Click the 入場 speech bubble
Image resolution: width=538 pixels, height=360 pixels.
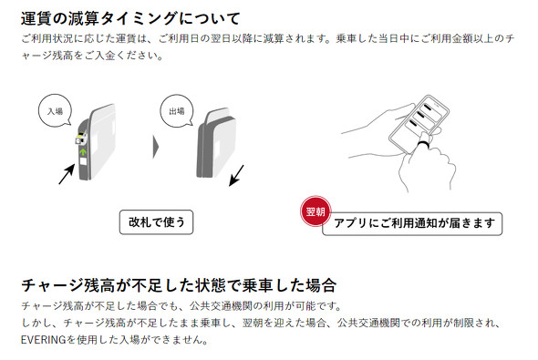click(55, 110)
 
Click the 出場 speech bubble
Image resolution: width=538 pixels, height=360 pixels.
click(177, 110)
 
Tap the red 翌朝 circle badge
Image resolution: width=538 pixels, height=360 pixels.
click(316, 211)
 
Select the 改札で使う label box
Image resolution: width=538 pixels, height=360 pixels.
click(157, 222)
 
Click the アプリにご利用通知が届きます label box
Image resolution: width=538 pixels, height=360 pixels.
click(413, 223)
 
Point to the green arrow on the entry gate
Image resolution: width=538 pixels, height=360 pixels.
click(83, 151)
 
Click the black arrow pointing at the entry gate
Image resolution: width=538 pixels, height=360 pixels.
click(67, 174)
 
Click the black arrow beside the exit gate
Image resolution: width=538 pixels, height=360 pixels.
click(236, 176)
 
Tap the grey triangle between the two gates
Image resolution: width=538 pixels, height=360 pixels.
click(156, 147)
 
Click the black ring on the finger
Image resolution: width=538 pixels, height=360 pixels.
click(423, 144)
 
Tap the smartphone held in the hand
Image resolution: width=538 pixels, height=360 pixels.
click(419, 124)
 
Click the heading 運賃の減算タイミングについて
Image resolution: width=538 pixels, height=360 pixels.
click(130, 18)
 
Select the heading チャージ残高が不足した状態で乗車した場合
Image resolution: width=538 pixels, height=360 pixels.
click(179, 285)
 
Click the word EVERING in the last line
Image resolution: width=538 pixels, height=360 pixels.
click(43, 340)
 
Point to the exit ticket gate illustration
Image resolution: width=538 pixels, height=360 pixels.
click(216, 143)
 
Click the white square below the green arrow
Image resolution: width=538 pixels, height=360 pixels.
click(83, 161)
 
